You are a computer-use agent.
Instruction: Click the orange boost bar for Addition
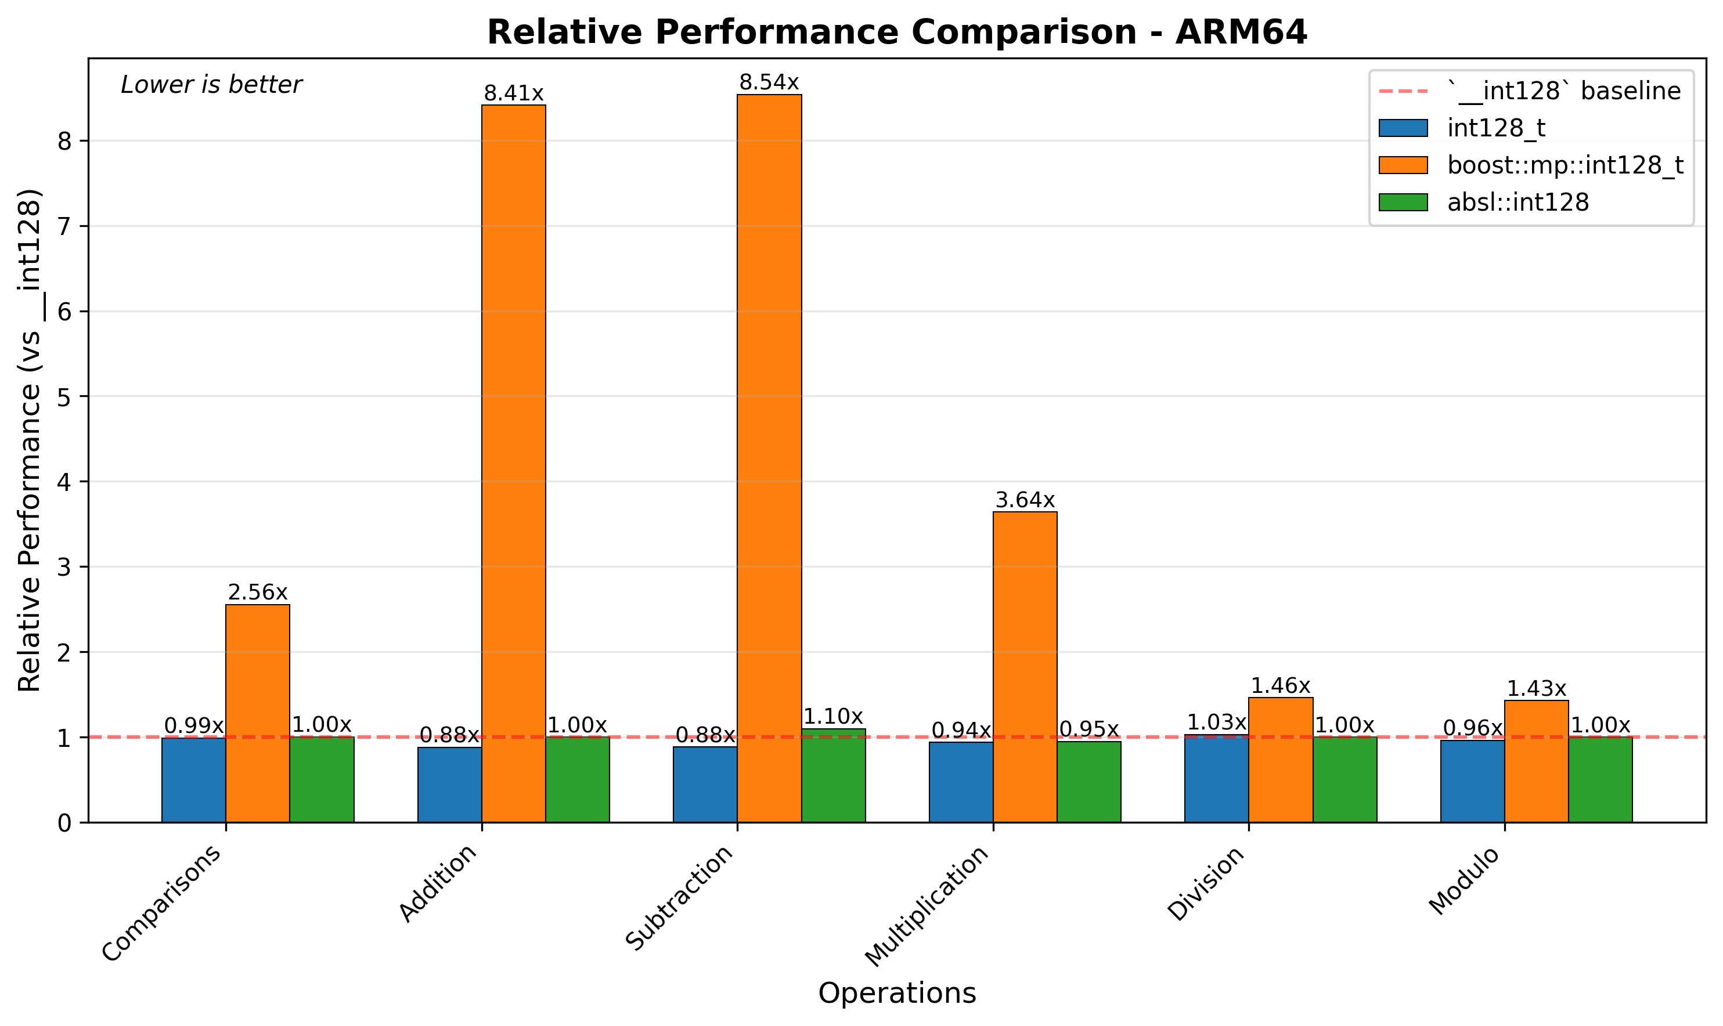coord(514,463)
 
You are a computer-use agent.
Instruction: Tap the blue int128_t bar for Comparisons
coord(193,780)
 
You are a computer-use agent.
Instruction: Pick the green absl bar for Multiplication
coord(1089,782)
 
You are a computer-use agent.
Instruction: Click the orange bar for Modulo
coord(1536,761)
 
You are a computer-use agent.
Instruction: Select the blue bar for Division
coord(1216,778)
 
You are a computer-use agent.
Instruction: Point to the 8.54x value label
coord(769,83)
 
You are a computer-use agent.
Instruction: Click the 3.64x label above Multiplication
coord(1025,500)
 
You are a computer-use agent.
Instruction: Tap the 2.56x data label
coord(257,593)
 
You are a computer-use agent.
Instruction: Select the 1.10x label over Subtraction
coord(833,716)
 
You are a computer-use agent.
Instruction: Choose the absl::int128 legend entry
coord(1517,203)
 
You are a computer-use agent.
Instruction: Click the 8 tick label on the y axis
coord(64,142)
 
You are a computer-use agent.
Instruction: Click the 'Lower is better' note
coord(211,85)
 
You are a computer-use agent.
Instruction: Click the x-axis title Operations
coord(897,994)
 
